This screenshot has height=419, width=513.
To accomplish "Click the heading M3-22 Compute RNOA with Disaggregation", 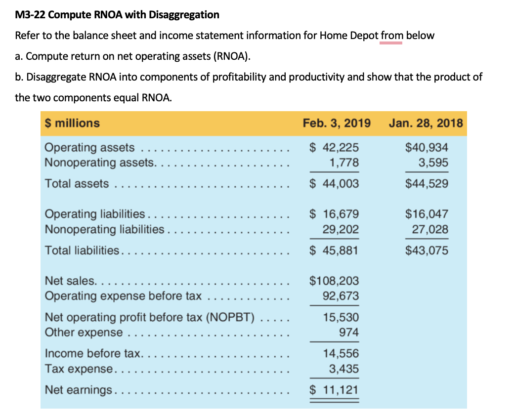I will point(117,15).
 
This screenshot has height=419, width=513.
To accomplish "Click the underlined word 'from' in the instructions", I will point(392,36).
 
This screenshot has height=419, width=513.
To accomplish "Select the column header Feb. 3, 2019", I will point(337,123).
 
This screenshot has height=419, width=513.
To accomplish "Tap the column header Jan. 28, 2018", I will point(426,123).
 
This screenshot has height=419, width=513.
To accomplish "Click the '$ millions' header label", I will point(72,123).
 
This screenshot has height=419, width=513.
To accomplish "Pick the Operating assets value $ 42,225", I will point(334,148).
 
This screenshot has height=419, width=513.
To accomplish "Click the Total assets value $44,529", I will point(427,184).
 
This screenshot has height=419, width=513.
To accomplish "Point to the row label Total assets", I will point(77,184).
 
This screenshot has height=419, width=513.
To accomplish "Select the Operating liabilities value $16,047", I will point(427,214).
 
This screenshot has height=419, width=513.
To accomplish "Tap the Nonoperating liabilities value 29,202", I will point(340,229).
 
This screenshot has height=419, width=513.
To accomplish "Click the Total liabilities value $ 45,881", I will point(334,251).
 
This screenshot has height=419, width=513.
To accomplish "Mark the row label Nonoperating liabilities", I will point(104,229).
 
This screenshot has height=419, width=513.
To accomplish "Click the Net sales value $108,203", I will point(334,281).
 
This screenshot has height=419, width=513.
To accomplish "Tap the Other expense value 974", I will point(348,332).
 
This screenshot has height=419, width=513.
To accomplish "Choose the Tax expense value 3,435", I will point(343,369).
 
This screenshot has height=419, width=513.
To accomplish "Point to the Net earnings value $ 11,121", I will point(334,390).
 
